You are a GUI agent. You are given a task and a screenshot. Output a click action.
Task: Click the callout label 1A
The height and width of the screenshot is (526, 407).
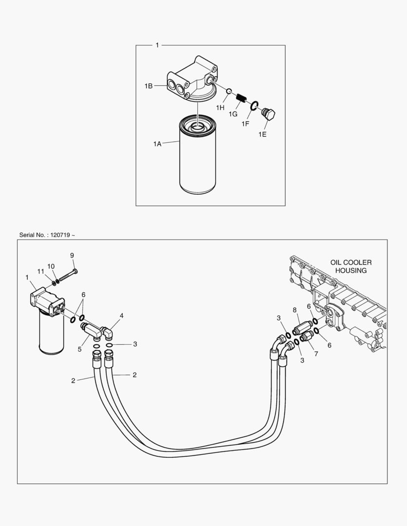157,144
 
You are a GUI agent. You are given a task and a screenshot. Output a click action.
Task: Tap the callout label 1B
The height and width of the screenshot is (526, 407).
148,86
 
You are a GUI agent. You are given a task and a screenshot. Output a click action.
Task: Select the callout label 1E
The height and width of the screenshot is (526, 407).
262,134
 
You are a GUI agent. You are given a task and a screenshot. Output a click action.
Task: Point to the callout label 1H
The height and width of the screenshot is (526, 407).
220,107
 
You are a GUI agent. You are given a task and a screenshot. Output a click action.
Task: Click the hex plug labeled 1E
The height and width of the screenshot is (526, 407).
269,115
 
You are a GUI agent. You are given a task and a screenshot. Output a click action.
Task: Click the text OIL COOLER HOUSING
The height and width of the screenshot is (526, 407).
350,266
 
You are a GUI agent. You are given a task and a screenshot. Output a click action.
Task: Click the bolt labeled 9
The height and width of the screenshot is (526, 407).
68,276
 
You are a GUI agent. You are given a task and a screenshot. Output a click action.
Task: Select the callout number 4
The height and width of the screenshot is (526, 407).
121,316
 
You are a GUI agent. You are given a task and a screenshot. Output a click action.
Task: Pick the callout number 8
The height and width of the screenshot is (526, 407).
294,309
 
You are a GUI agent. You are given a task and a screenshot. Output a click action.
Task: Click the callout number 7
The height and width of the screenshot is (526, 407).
316,354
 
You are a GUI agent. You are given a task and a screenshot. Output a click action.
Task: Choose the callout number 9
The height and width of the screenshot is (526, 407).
72,255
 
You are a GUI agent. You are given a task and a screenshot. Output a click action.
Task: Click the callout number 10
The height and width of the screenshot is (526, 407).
51,266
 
